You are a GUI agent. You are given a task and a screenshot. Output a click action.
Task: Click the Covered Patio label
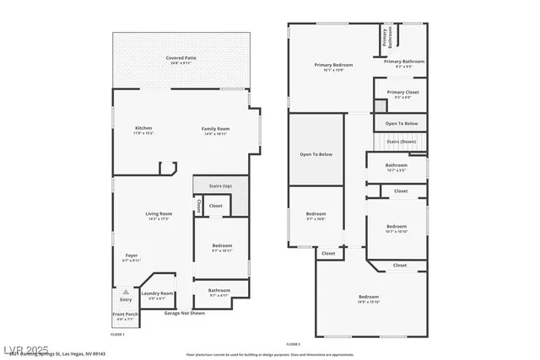181,57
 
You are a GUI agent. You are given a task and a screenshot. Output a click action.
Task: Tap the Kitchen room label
143,128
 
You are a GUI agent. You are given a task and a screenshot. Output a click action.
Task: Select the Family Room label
216,128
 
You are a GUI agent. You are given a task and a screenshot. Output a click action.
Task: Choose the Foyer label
132,255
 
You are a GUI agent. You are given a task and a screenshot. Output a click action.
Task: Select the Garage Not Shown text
184,313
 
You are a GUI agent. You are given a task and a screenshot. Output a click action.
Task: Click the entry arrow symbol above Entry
126,292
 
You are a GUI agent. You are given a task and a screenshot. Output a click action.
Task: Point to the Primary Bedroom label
333,65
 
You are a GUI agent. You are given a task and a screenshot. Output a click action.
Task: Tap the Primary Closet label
402,92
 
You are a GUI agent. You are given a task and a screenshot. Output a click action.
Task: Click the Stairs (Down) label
402,142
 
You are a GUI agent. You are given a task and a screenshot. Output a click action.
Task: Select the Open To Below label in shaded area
316,154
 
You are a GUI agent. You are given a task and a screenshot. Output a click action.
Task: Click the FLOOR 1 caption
117,335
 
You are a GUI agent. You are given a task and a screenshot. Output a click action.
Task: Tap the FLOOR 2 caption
293,344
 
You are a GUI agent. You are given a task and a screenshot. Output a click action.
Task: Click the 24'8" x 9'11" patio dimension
181,62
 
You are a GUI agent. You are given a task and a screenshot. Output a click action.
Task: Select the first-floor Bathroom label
219,290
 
